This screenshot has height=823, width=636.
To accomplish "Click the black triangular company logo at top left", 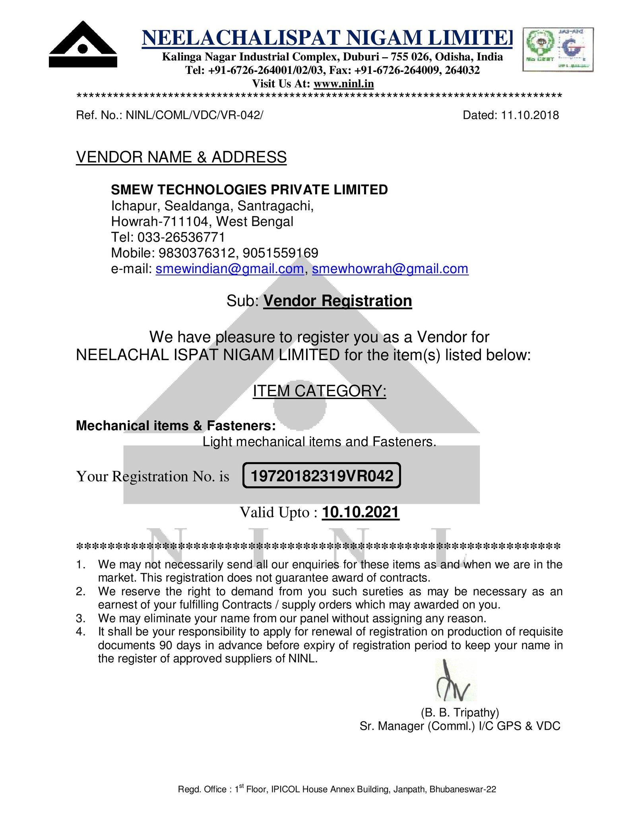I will pyautogui.click(x=83, y=45).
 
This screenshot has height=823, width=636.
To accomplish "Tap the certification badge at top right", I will pyautogui.click(x=557, y=49).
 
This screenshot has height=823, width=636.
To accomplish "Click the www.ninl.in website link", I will pyautogui.click(x=343, y=83).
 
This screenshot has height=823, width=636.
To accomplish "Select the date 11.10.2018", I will pyautogui.click(x=530, y=115).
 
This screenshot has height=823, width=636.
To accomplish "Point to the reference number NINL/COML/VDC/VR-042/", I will pyautogui.click(x=194, y=115).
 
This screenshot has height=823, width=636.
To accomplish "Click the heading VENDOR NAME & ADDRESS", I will pyautogui.click(x=181, y=157).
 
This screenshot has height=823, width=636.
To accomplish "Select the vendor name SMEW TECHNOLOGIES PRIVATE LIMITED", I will pyautogui.click(x=249, y=190).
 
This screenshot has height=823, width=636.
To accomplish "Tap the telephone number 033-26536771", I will pyautogui.click(x=181, y=237).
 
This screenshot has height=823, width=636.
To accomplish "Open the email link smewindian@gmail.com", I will pyautogui.click(x=230, y=269).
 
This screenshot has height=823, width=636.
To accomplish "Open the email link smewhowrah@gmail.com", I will pyautogui.click(x=390, y=269).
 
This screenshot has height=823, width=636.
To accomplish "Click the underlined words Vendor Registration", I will pyautogui.click(x=337, y=301).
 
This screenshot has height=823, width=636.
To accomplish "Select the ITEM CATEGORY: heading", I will pyautogui.click(x=320, y=391).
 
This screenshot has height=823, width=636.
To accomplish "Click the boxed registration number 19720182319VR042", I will pyautogui.click(x=322, y=476).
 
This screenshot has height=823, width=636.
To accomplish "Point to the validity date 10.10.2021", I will pyautogui.click(x=360, y=512).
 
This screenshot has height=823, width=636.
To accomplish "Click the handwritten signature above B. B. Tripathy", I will pyautogui.click(x=453, y=680).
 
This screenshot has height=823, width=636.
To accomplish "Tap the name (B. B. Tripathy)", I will pyautogui.click(x=460, y=713).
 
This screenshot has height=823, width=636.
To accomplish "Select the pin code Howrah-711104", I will pyautogui.click(x=160, y=221).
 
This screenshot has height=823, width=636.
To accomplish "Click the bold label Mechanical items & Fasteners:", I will pyautogui.click(x=176, y=426).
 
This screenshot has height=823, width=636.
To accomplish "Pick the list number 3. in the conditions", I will pyautogui.click(x=81, y=618).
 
